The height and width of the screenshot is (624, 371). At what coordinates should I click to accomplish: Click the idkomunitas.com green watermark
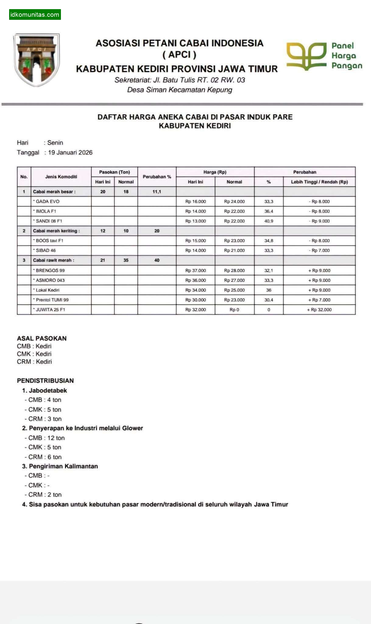coord(35,15)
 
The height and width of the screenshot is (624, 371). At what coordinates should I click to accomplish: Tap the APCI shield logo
coord(37,60)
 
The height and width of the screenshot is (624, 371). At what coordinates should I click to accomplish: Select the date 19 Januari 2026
coord(70,153)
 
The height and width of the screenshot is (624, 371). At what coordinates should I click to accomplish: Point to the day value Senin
coord(55,143)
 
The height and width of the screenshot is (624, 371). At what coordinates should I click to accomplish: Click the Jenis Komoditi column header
coord(61,177)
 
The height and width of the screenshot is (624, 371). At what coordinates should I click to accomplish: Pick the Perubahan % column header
coord(157,177)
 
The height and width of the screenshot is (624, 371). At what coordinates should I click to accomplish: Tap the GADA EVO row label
coord(48,201)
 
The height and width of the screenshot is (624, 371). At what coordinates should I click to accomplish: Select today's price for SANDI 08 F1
coord(196,221)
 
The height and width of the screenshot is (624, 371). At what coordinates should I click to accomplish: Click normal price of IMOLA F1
coord(234,211)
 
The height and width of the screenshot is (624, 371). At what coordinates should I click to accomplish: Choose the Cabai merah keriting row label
coord(56,231)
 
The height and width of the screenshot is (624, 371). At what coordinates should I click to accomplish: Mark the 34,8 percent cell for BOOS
coord(269,241)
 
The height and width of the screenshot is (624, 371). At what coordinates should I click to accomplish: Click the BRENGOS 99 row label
coord(50,271)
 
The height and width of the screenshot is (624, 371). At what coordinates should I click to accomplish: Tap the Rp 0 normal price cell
coord(234,310)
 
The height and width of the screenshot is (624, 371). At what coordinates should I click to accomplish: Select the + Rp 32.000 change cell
coord(319,310)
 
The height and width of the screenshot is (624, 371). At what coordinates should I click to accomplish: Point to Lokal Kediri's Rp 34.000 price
coord(196,290)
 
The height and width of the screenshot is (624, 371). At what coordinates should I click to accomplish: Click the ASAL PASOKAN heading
coord(42,338)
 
